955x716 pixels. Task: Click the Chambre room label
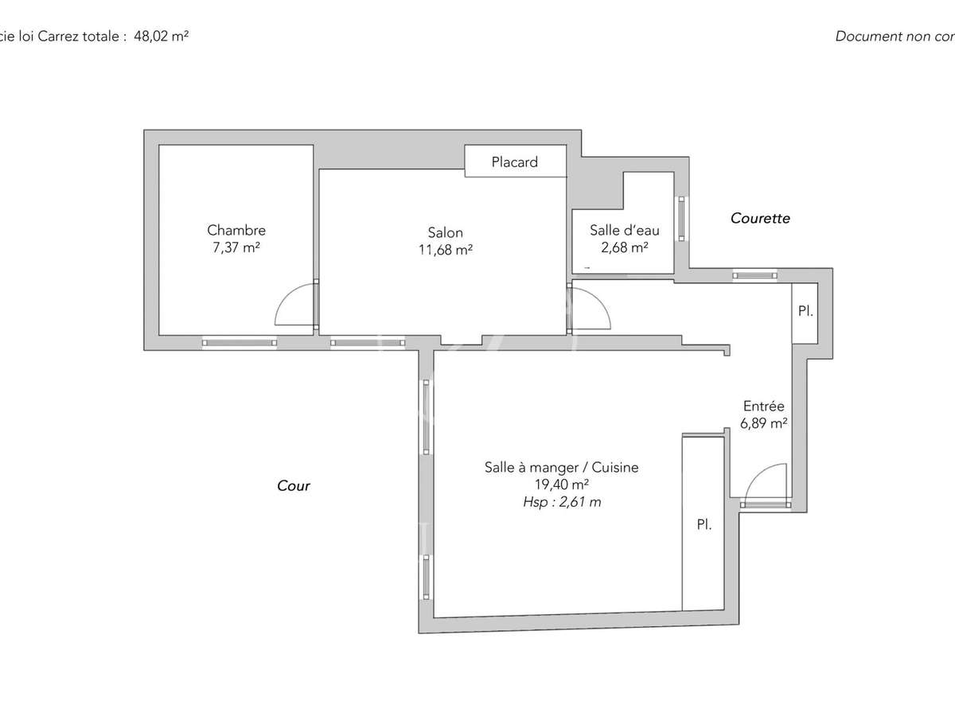click(236, 230)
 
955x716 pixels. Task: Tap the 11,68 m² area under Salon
click(445, 249)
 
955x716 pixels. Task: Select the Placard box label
click(514, 162)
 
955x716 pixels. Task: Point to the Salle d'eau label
click(625, 230)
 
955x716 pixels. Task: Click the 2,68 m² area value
click(625, 247)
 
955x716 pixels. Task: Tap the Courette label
click(760, 218)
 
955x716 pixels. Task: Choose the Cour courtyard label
click(294, 485)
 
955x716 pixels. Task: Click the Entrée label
click(763, 407)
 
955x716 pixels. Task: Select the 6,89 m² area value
click(763, 424)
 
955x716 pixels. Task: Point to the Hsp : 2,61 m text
click(561, 502)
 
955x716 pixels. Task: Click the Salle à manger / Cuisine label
click(561, 468)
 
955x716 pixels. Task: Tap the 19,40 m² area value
click(561, 484)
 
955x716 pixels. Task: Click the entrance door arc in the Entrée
click(764, 482)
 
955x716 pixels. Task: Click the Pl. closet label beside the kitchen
click(704, 525)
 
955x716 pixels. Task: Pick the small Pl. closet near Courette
click(805, 312)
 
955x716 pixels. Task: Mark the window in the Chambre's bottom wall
click(240, 343)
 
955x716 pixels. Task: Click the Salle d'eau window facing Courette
click(681, 218)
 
